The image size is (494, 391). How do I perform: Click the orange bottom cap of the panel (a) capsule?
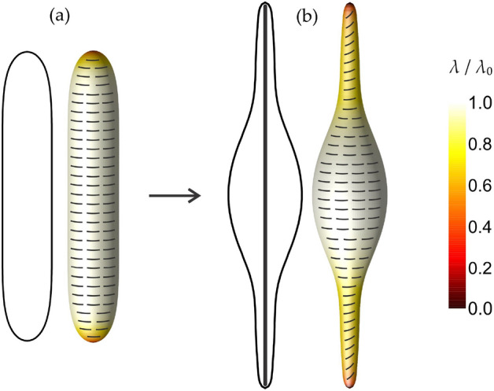[94, 337]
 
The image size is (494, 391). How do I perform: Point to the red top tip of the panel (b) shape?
[351, 8]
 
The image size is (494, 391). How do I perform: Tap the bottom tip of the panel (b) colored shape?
[351, 382]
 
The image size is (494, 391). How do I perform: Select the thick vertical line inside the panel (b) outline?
[265, 197]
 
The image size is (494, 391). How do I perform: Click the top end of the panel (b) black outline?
[265, 4]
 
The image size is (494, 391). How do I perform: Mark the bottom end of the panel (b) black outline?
[265, 385]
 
